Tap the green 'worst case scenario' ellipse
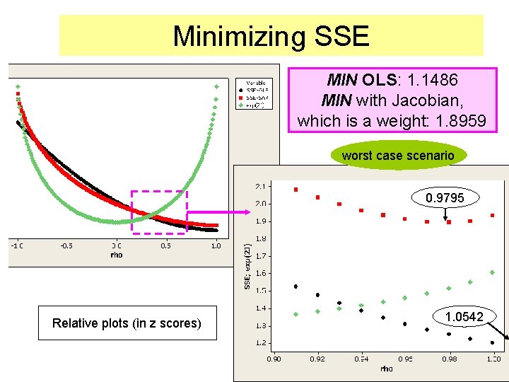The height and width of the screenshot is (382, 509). pyautogui.click(x=397, y=155)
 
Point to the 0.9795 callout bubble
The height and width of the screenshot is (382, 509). pyautogui.click(x=445, y=198)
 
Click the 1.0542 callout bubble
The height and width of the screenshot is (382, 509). pyautogui.click(x=464, y=316)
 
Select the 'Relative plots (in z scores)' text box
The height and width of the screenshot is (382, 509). pyautogui.click(x=127, y=323)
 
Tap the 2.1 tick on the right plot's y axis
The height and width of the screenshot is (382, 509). pyautogui.click(x=261, y=187)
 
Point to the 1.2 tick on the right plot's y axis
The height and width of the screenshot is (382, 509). pyautogui.click(x=261, y=343)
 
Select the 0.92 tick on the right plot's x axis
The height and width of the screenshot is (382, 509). pyautogui.click(x=317, y=359)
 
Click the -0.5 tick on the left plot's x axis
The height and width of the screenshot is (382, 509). pyautogui.click(x=66, y=246)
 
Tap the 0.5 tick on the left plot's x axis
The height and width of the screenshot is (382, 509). pyautogui.click(x=165, y=246)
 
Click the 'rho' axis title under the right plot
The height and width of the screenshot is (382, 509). pyautogui.click(x=385, y=369)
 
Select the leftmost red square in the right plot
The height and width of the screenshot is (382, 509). pyautogui.click(x=296, y=190)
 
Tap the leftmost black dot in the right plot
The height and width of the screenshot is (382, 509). pyautogui.click(x=296, y=286)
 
